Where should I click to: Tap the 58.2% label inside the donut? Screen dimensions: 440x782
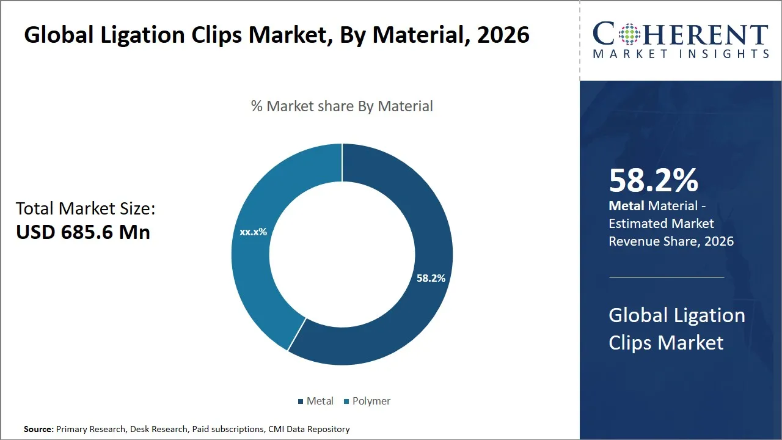[431, 278]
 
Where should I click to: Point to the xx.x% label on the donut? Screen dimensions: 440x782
[253, 232]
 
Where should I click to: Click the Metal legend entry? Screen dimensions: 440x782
[316, 401]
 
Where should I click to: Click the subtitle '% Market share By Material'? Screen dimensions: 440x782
[342, 106]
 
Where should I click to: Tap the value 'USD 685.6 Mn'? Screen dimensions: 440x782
[83, 232]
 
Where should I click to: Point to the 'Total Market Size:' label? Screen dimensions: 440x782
[86, 208]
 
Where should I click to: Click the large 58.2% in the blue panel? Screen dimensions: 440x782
[653, 180]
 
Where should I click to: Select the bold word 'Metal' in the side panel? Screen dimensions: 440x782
[626, 207]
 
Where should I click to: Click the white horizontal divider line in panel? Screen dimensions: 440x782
[666, 277]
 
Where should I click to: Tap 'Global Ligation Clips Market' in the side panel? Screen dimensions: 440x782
[676, 329]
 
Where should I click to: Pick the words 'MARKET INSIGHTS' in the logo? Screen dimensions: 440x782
[681, 54]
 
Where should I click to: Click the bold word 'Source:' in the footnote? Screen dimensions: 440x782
[38, 429]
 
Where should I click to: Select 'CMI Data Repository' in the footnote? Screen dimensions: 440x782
[309, 429]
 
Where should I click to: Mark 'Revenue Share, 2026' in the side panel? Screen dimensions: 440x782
[671, 241]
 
